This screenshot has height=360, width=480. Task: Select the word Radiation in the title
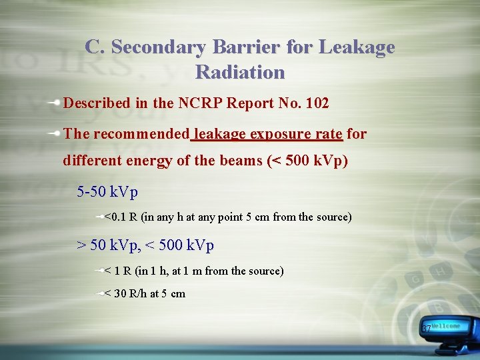[x=240, y=72]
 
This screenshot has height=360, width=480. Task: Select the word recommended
[x=141, y=133]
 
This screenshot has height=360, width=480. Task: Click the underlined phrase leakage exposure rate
[x=267, y=133]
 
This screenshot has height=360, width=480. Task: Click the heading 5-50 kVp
[x=107, y=193]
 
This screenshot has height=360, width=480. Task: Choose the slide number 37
[x=425, y=329]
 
